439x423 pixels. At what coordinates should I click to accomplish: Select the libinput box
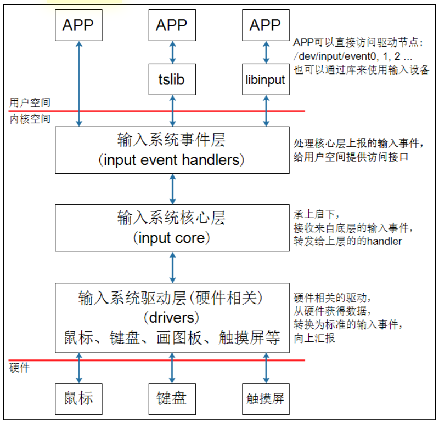[265, 79]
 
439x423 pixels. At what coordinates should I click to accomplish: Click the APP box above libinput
[265, 25]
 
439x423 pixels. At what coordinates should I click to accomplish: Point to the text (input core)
[172, 238]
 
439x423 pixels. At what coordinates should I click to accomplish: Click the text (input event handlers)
[172, 160]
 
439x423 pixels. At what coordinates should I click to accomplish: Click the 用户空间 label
[30, 102]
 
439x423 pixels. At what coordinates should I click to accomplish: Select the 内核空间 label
[30, 118]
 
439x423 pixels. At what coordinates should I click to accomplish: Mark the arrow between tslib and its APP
[172, 52]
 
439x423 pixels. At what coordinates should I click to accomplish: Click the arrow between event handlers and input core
[172, 188]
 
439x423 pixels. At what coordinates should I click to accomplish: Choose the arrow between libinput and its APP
[266, 52]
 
